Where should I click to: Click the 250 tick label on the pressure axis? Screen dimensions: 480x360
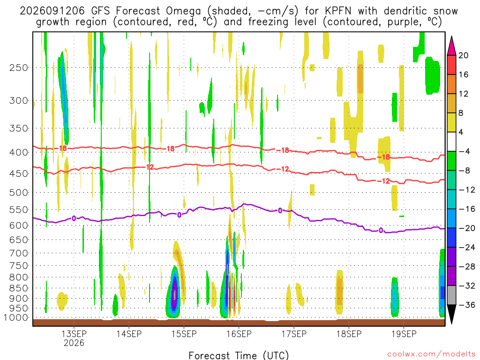tap(19, 67)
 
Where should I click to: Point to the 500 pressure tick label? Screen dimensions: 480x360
tap(19, 193)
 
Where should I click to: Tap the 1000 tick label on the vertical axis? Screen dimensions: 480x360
tap(16, 318)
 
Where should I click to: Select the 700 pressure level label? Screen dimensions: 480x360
tap(19, 253)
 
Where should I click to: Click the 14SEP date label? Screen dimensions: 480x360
tap(129, 334)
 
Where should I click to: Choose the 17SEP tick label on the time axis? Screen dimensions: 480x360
tap(294, 334)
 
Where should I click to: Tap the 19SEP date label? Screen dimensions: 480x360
tap(404, 334)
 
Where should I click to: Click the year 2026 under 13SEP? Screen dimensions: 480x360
tap(74, 343)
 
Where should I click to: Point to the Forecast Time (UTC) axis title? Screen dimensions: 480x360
tap(239, 355)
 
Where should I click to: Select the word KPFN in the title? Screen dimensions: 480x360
tap(338, 11)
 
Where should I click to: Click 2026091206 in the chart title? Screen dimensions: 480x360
tap(52, 11)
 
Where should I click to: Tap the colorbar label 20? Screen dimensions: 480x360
tap(463, 55)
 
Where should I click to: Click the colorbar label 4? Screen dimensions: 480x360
tap(461, 132)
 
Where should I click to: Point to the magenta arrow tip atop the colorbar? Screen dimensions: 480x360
tap(451, 37)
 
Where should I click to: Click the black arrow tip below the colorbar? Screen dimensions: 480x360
tap(451, 323)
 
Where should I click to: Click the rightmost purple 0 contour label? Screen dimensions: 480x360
tap(381, 230)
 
